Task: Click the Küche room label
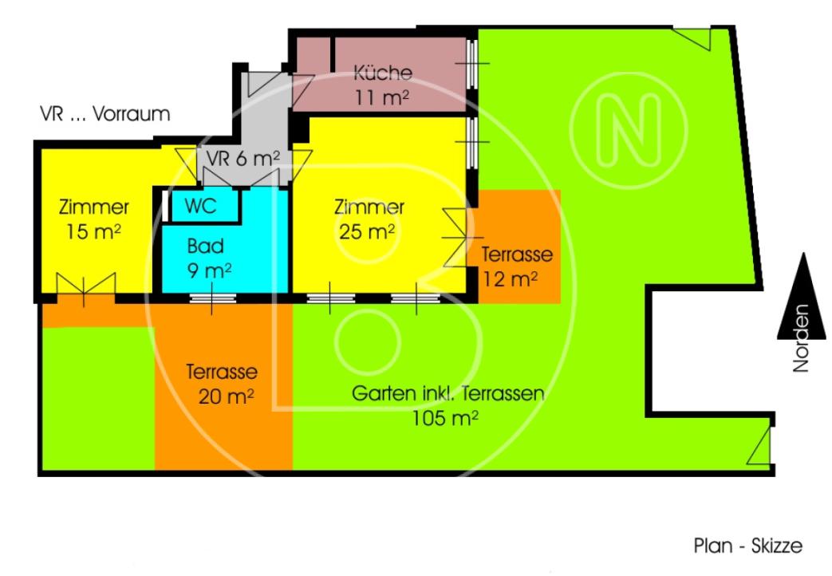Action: (x=383, y=73)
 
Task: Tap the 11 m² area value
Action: (x=382, y=97)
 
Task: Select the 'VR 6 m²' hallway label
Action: (x=243, y=158)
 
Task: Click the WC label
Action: (x=200, y=206)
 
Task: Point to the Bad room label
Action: (x=205, y=246)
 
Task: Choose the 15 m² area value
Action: (x=93, y=231)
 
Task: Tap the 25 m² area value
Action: (x=367, y=231)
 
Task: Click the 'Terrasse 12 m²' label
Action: (x=517, y=266)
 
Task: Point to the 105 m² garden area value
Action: (x=445, y=418)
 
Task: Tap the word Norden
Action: (x=801, y=338)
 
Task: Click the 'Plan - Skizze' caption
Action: (x=748, y=546)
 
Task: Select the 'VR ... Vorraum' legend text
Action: (x=105, y=113)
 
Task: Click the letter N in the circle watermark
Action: (x=629, y=131)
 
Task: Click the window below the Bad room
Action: (x=212, y=298)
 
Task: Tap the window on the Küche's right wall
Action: (x=471, y=64)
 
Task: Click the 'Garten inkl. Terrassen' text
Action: (x=448, y=394)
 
